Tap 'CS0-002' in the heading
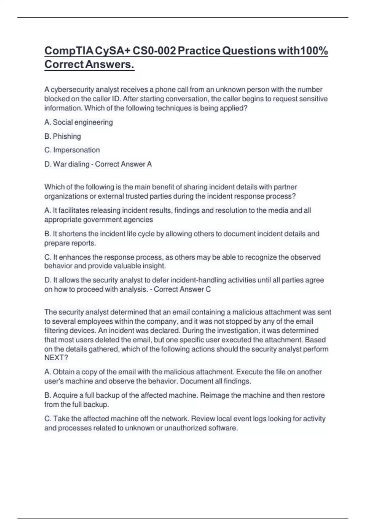154,51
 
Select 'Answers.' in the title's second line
109,64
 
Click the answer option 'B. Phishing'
63,136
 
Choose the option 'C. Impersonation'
72,150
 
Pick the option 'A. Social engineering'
78,122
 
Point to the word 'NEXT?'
56,358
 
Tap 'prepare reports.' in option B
70,243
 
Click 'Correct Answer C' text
182,289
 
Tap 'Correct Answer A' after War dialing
123,164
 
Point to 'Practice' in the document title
199,51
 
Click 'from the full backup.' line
77,405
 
